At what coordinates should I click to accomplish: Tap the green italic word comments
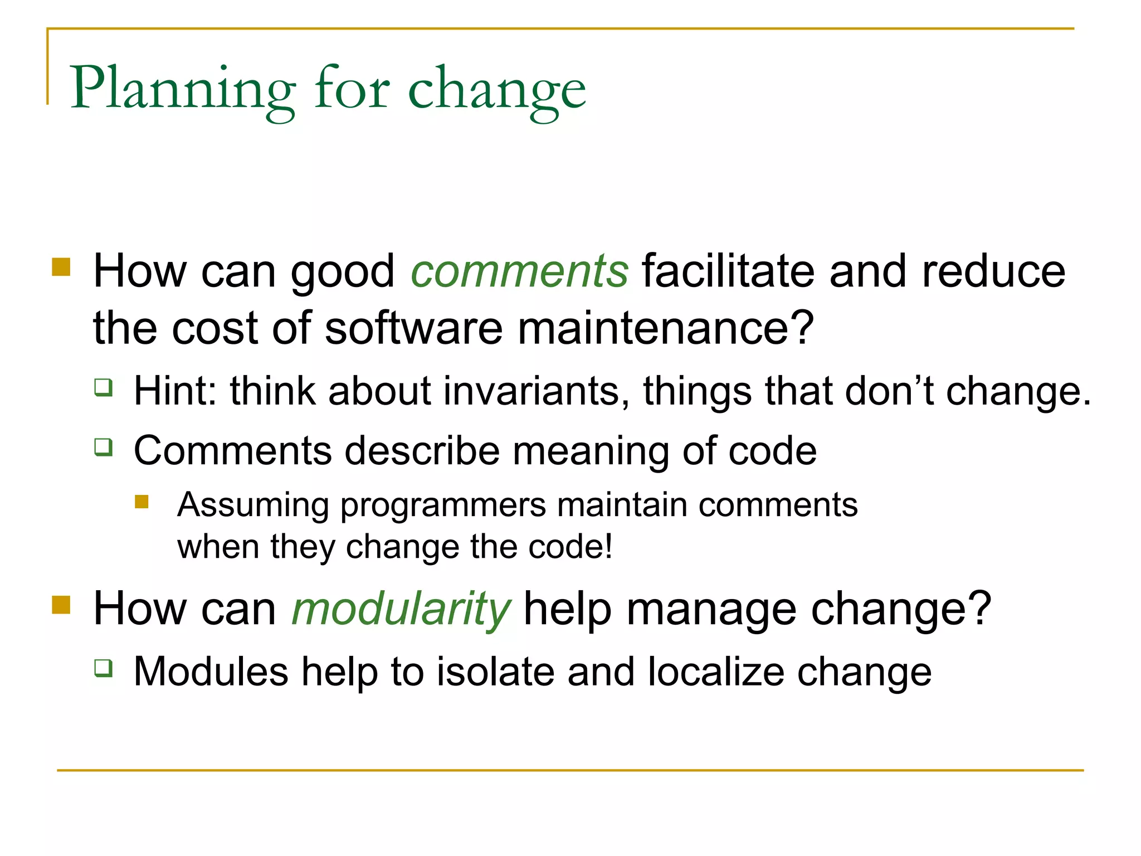[x=519, y=271]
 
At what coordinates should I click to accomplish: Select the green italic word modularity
[x=401, y=609]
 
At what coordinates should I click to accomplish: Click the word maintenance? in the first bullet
[x=666, y=328]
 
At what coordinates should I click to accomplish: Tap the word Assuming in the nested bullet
[x=253, y=505]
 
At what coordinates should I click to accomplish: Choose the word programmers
[x=443, y=505]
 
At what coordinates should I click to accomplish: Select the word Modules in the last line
[x=211, y=672]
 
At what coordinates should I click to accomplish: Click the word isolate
[x=495, y=672]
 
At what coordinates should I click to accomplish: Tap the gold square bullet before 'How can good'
[x=61, y=267]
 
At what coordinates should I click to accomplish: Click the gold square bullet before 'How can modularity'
[x=61, y=605]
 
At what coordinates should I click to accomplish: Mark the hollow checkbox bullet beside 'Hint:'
[x=104, y=387]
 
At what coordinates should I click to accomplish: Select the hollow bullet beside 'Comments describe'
[x=104, y=447]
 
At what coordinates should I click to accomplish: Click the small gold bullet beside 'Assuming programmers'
[x=142, y=502]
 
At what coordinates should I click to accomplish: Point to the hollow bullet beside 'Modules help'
[x=104, y=668]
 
